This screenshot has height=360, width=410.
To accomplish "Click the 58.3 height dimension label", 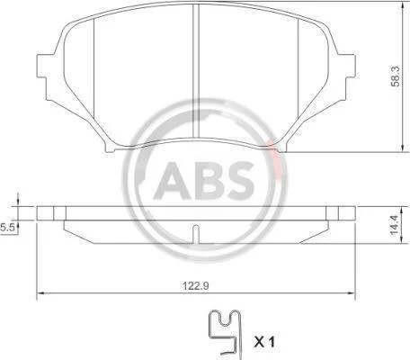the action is [x=396, y=76].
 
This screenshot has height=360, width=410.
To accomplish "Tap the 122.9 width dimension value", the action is [x=196, y=286].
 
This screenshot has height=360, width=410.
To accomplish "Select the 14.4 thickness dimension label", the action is [x=395, y=225].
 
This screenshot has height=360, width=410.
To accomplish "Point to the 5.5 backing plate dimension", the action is [x=7, y=228].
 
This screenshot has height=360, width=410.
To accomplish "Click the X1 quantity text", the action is [x=264, y=342].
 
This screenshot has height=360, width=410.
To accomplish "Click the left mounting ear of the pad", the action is [x=42, y=67].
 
